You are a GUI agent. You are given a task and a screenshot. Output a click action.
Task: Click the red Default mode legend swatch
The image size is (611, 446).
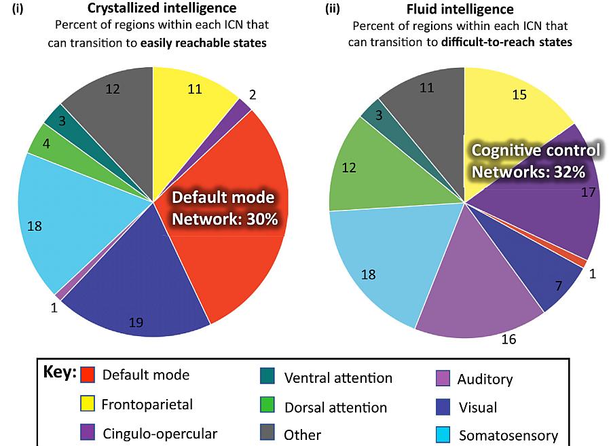pos(87,375)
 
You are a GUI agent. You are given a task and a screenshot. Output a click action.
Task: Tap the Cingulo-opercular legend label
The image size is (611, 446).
pos(160,434)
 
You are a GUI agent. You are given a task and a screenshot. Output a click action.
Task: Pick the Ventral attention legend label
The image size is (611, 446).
pos(338,377)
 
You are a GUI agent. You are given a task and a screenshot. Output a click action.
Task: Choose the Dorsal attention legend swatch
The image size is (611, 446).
pos(267,407)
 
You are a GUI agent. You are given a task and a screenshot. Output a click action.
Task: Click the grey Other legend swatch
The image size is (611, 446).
pos(267,434)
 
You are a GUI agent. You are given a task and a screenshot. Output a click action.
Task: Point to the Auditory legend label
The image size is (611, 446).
pos(485,379)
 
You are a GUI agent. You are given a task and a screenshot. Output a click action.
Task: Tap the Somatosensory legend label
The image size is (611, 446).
pos(508,435)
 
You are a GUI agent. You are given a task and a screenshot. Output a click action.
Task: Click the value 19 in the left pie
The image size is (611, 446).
pos(136,323)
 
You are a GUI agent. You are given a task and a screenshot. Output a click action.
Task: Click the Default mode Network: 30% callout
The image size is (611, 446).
pos(223,208)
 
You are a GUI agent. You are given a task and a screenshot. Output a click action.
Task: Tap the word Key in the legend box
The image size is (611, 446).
pos(57,373)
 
